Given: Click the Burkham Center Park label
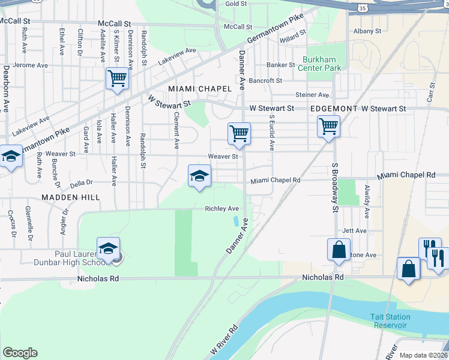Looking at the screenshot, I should (322, 64).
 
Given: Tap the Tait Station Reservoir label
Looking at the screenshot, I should (390, 321).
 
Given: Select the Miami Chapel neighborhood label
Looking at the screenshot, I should (200, 88).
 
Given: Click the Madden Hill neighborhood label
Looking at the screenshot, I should (70, 197).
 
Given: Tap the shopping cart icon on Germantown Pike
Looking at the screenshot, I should (118, 78).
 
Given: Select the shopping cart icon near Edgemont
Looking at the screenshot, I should (328, 127).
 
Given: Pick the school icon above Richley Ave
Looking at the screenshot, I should (200, 176).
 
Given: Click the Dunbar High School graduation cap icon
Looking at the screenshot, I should (108, 248).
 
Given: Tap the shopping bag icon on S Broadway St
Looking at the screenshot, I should (339, 249).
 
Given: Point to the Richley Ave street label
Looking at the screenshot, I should (222, 209).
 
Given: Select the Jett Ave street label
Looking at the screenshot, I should (354, 231).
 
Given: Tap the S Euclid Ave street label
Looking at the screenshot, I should (271, 133).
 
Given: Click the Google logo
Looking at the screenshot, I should (20, 353).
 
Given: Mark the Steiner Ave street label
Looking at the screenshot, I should (312, 95).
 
